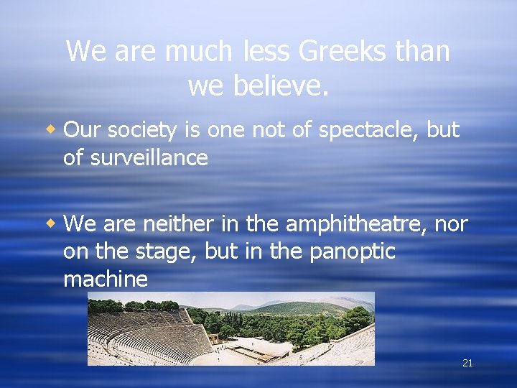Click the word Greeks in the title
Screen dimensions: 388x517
click(337, 52)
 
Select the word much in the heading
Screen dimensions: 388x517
click(199, 52)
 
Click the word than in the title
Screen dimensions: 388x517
click(419, 52)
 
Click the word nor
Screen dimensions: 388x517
click(452, 224)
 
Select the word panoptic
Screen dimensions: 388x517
click(353, 252)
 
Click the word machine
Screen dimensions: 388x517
click(106, 280)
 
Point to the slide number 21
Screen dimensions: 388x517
click(467, 364)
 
